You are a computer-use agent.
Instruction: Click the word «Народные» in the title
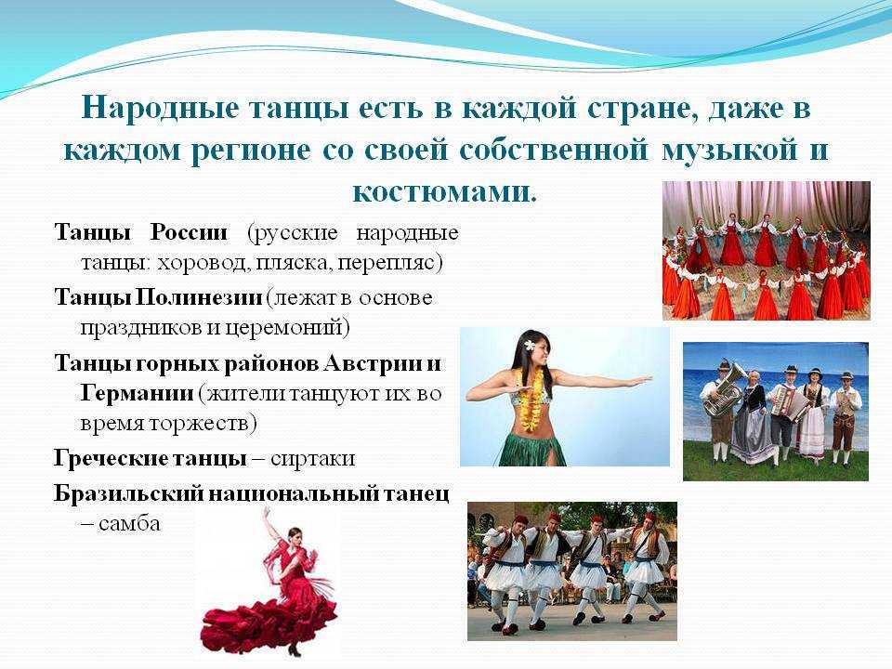[x=159, y=108]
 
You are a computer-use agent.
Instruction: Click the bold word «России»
[x=189, y=232]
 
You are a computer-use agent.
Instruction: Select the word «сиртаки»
[x=312, y=458]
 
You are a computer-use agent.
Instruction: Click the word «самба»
[x=129, y=523]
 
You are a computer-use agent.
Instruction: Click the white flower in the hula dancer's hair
[x=530, y=346]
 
